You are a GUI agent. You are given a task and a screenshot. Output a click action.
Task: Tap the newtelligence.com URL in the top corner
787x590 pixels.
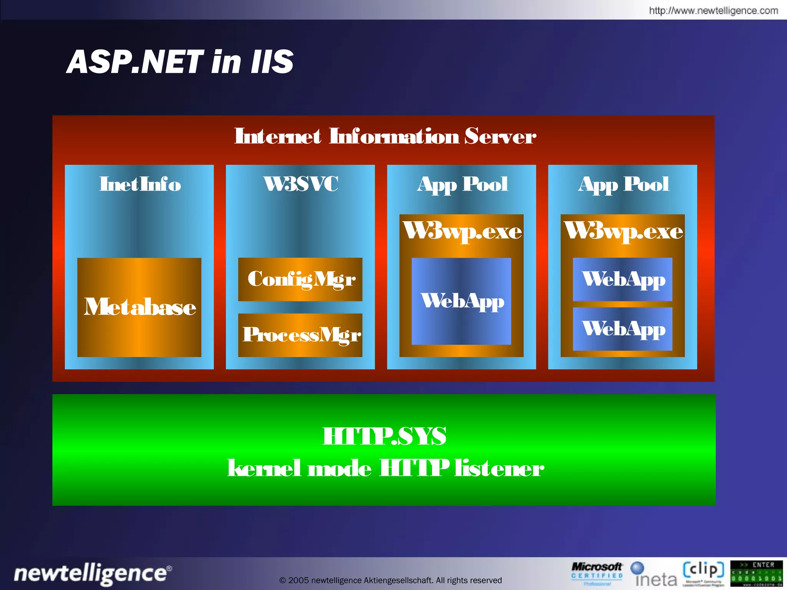[713, 10]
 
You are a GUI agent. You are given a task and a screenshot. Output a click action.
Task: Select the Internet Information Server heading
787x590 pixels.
[385, 136]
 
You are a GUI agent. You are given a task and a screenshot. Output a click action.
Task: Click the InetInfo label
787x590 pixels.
[140, 184]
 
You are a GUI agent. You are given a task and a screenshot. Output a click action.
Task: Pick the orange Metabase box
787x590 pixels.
[139, 307]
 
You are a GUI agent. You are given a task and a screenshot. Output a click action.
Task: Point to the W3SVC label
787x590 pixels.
[301, 184]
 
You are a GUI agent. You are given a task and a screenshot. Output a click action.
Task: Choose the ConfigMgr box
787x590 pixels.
[300, 279]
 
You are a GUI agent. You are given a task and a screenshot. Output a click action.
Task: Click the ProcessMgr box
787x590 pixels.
[300, 335]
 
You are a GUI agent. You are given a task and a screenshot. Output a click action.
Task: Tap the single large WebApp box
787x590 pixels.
[461, 301]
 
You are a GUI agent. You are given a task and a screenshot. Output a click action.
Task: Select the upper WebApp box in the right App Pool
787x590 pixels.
[623, 279]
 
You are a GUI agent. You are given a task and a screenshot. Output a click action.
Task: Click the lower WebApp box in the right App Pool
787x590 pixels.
[623, 329]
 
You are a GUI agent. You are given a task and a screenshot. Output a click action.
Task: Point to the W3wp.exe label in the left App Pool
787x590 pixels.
[462, 232]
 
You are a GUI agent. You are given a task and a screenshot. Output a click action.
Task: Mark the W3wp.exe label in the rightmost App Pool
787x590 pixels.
[623, 232]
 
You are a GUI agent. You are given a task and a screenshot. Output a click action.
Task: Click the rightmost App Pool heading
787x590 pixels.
[623, 184]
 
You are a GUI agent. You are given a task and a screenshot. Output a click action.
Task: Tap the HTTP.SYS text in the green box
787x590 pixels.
[384, 436]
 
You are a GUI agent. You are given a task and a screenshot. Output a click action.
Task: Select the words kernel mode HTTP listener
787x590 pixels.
[385, 468]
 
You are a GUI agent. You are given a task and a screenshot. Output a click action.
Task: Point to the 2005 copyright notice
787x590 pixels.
[390, 580]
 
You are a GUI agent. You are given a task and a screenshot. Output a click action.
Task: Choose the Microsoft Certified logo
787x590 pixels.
[596, 573]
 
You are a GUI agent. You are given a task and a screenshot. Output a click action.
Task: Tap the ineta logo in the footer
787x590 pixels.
[655, 575]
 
